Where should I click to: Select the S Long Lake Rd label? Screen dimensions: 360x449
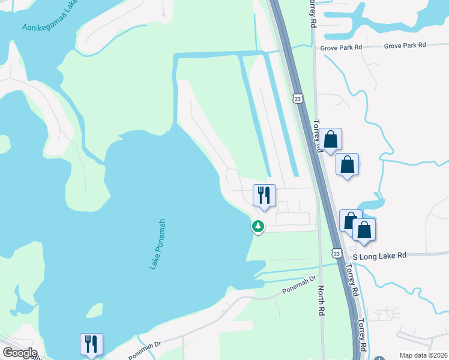pyautogui.click(x=379, y=256)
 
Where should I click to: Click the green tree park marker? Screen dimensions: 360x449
pyautogui.click(x=258, y=226)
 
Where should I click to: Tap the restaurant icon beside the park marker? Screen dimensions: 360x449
pyautogui.click(x=264, y=195)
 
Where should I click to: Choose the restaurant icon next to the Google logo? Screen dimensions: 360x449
pyautogui.click(x=91, y=344)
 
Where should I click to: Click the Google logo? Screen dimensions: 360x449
pyautogui.click(x=19, y=353)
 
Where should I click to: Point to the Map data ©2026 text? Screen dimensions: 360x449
pyautogui.click(x=423, y=355)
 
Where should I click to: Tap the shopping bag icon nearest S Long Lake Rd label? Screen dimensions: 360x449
pyautogui.click(x=364, y=229)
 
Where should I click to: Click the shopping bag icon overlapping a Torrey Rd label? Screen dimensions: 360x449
pyautogui.click(x=330, y=140)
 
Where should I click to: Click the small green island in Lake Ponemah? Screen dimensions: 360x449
pyautogui.click(x=94, y=311)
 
